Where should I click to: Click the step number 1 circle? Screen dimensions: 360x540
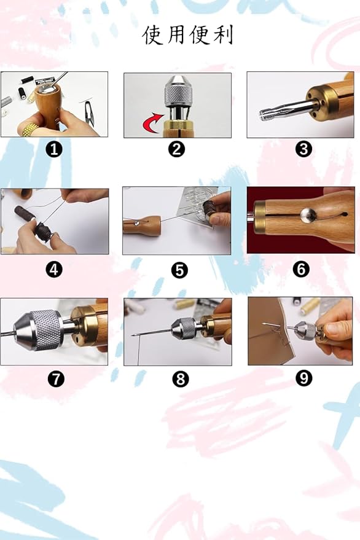coord(54,149)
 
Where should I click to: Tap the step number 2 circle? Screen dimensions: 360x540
coord(177,149)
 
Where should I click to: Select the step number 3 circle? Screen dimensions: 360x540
coord(303,149)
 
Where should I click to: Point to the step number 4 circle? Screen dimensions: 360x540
coord(54,269)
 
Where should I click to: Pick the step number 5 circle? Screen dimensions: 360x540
coord(179,270)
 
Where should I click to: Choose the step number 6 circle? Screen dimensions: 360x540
coord(301,269)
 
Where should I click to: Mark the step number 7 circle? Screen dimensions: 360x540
coord(56,379)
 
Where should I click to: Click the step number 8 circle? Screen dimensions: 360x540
coord(181,379)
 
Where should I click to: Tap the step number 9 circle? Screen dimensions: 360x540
coord(303,378)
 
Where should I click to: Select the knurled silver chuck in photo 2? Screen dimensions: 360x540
coord(178,92)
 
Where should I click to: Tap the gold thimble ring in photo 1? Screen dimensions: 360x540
coord(30,130)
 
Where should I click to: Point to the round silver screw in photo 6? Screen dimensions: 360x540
coord(308,215)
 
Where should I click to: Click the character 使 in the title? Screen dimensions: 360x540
coord(152,35)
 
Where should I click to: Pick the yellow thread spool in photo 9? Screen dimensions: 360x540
coord(310,306)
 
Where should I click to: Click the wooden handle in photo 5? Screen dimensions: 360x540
coord(142,225)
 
